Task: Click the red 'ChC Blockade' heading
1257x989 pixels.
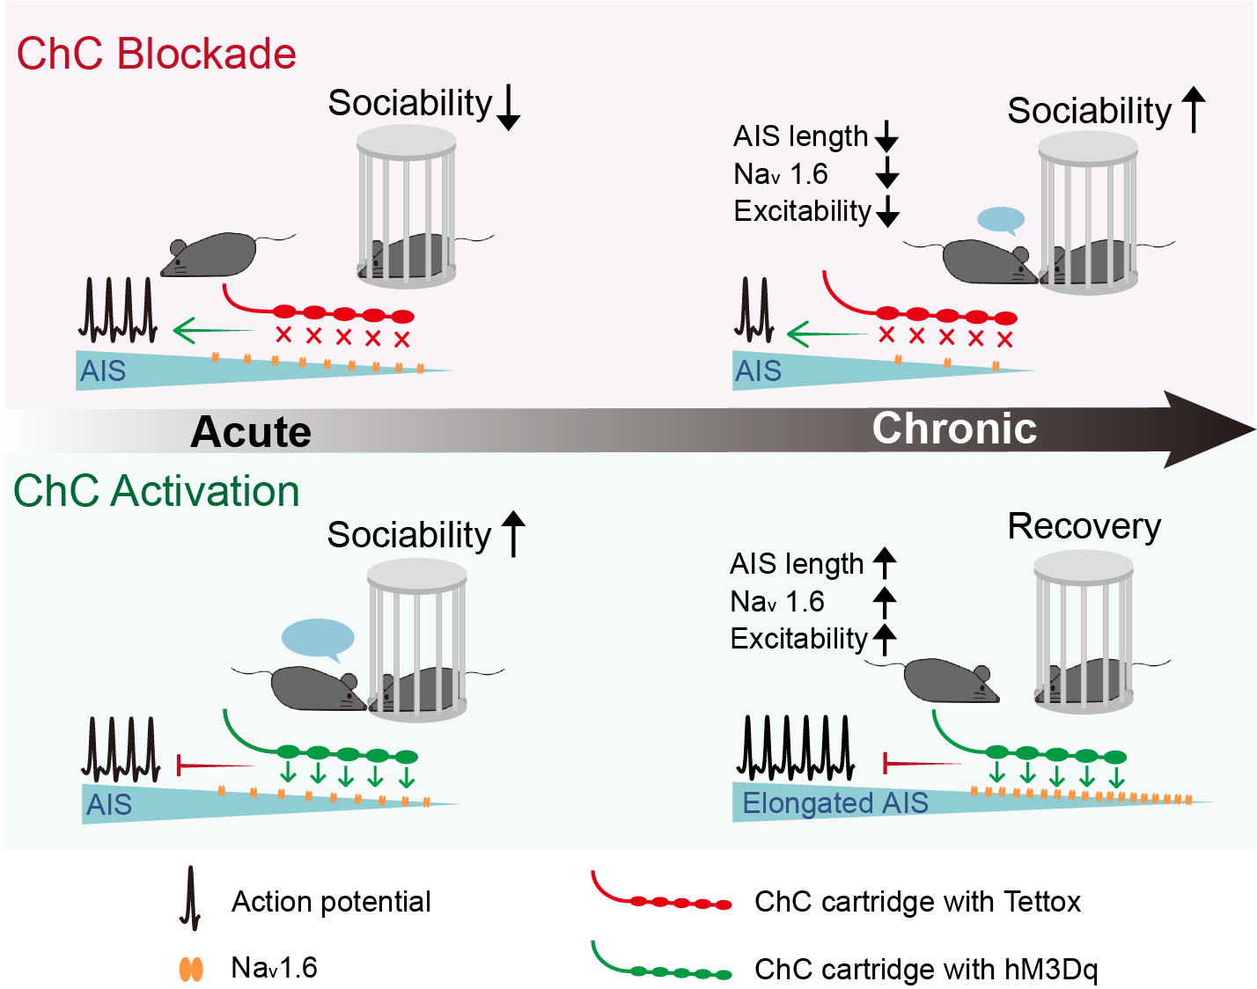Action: click(156, 54)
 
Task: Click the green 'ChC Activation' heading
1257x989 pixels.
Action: click(156, 491)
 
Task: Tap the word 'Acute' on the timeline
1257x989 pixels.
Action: click(251, 432)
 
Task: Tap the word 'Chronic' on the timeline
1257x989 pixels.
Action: click(954, 429)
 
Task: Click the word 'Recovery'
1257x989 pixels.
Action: click(1084, 526)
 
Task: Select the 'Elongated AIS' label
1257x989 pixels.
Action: click(834, 802)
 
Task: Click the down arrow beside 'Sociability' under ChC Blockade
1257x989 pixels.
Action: click(508, 107)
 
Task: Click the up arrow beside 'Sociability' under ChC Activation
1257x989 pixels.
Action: click(513, 534)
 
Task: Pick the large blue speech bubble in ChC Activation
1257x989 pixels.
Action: click(318, 638)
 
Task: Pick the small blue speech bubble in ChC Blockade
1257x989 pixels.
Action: click(1001, 219)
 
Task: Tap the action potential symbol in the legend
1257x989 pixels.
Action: click(190, 898)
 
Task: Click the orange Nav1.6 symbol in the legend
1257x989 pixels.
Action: click(191, 969)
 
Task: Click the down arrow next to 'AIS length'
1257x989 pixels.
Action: click(886, 136)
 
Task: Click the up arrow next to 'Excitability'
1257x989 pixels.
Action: click(885, 638)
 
